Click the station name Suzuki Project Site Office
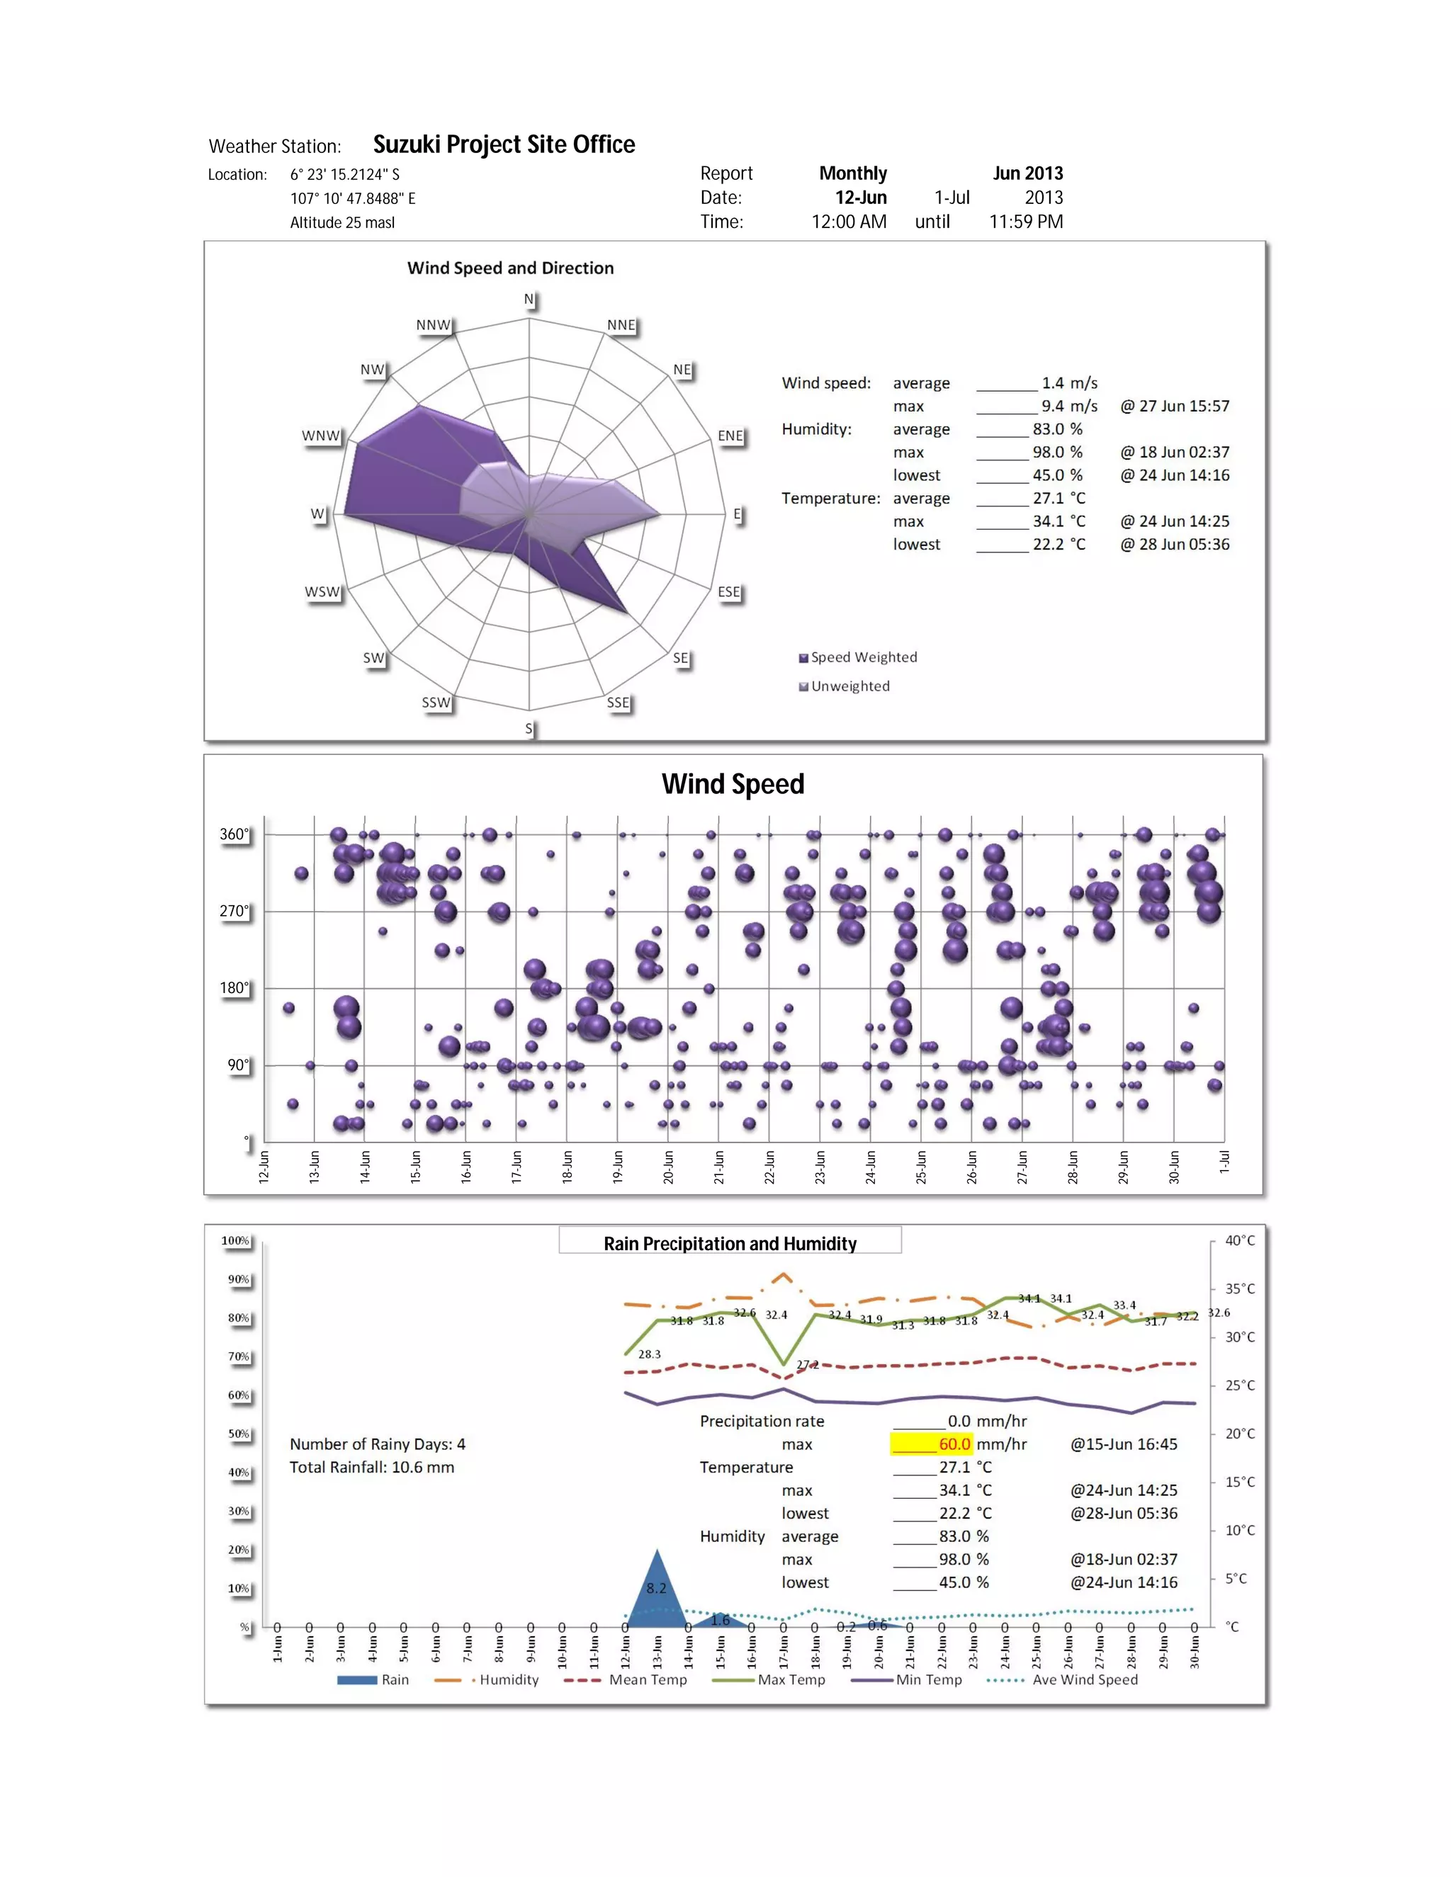tap(504, 144)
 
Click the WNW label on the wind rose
tap(321, 436)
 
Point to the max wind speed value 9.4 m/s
tap(1068, 406)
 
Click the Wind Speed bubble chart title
tap(733, 784)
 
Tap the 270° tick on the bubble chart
tap(234, 911)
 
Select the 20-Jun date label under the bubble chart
tap(669, 1167)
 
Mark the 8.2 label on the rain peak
tap(656, 1588)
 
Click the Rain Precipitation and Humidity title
tap(730, 1244)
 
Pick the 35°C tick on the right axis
tap(1240, 1288)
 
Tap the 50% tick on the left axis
tap(238, 1434)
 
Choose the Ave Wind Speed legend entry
tap(1084, 1679)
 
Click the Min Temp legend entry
tap(928, 1679)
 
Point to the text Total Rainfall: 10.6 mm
tap(371, 1467)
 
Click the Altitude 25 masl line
tap(342, 222)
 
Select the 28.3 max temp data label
tap(649, 1354)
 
